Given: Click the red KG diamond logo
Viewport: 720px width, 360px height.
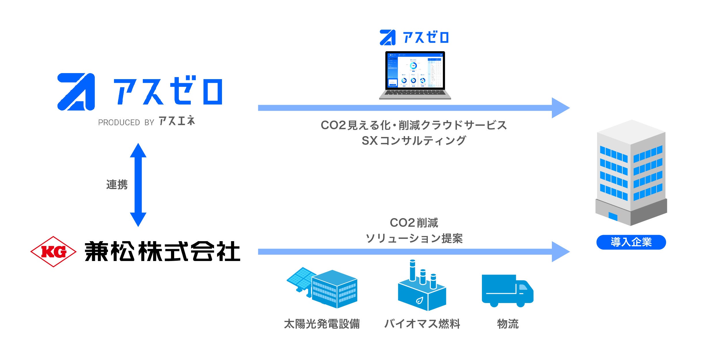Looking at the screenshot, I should pyautogui.click(x=53, y=252).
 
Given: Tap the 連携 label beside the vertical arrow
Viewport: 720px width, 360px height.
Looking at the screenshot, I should pyautogui.click(x=117, y=185).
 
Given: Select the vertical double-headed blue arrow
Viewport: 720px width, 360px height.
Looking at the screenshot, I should pyautogui.click(x=138, y=185).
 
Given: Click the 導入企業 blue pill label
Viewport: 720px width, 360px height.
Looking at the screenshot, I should pyautogui.click(x=631, y=242).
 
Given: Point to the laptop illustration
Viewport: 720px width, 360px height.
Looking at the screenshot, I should pyautogui.click(x=415, y=75).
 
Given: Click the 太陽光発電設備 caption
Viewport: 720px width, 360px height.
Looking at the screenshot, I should pyautogui.click(x=322, y=324).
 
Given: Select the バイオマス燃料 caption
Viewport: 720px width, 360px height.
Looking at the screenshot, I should pyautogui.click(x=422, y=324).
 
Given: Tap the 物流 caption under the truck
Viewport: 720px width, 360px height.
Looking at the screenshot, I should pyautogui.click(x=508, y=324).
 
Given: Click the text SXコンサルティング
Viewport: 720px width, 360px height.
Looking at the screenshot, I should pyautogui.click(x=414, y=141).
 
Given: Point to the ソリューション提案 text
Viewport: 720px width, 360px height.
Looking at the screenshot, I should pyautogui.click(x=414, y=239).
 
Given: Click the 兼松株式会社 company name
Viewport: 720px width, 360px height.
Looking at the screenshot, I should pyautogui.click(x=162, y=252).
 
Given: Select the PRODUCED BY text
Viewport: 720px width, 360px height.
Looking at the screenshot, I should pyautogui.click(x=126, y=123).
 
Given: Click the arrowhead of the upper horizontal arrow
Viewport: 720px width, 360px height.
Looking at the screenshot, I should pyautogui.click(x=560, y=108).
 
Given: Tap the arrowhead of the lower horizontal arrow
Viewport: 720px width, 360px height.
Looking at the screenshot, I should pyautogui.click(x=560, y=252).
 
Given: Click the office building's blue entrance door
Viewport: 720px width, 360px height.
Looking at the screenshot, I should pyautogui.click(x=613, y=216).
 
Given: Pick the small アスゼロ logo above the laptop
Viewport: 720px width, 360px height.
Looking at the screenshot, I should pyautogui.click(x=414, y=38).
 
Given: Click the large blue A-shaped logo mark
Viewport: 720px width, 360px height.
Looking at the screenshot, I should pyautogui.click(x=76, y=92).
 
